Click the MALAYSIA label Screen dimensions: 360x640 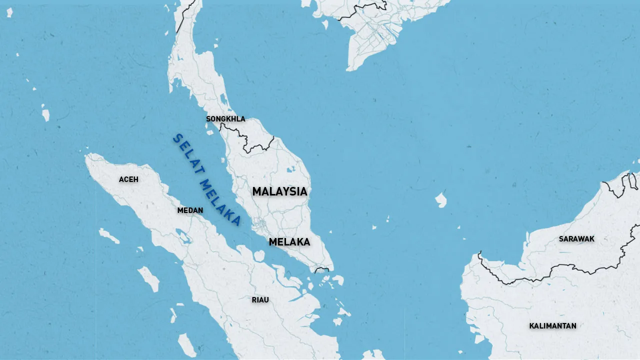(x=279, y=191)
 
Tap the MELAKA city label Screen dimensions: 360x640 (x=289, y=242)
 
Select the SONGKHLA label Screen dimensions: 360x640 (x=225, y=119)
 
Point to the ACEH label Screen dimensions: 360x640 (x=128, y=179)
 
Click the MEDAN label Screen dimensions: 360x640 (x=190, y=210)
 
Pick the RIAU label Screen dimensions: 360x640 (x=260, y=300)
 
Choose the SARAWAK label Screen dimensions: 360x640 (x=576, y=239)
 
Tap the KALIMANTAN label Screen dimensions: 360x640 (x=552, y=326)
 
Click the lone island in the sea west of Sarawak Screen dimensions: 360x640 (x=440, y=200)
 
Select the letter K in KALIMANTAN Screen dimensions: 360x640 (x=532, y=326)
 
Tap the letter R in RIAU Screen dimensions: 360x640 (x=254, y=300)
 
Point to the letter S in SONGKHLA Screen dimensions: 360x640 (x=208, y=119)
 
